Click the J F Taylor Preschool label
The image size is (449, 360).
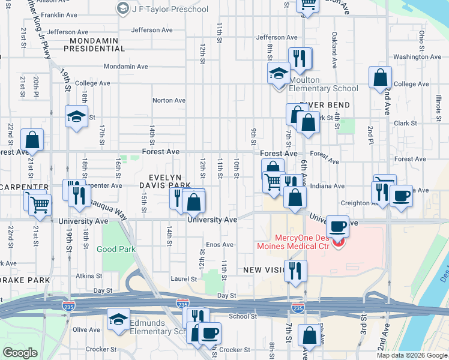(x=170, y=9)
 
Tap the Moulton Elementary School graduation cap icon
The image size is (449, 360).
(x=279, y=74)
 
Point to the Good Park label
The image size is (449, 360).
(x=115, y=248)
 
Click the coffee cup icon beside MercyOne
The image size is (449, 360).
(x=339, y=226)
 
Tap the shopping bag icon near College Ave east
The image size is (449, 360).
(x=381, y=77)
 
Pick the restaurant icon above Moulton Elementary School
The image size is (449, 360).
(x=300, y=58)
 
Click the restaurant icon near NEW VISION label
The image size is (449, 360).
(x=295, y=270)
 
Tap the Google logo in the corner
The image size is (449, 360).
(x=20, y=353)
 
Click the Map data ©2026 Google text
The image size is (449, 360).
(x=412, y=355)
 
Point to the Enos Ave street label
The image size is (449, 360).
(x=219, y=245)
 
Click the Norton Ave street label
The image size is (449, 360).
(x=169, y=101)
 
